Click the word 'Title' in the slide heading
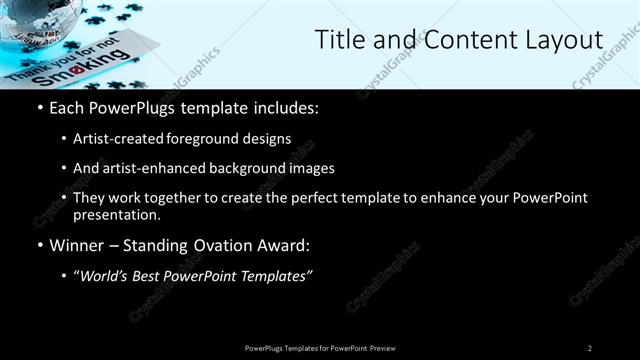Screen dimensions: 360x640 tap(338, 40)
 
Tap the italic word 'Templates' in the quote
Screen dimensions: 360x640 tap(278, 276)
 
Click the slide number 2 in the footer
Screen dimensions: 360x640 tap(590, 348)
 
